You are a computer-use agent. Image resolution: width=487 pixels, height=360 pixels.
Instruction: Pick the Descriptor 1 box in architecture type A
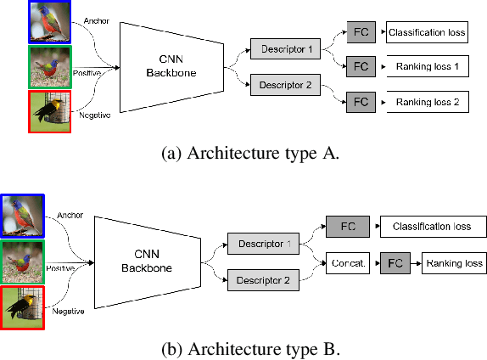coord(286,51)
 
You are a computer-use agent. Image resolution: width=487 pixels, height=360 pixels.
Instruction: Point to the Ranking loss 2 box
coord(423,101)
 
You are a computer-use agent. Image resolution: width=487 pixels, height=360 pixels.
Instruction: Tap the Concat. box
coord(349,263)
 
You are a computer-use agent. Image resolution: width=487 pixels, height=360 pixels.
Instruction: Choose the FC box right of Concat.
coord(395,263)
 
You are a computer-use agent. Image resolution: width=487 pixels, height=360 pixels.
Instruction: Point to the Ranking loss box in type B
coord(453,263)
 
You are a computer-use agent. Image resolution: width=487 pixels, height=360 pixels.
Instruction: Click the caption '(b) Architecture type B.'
coord(243,349)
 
